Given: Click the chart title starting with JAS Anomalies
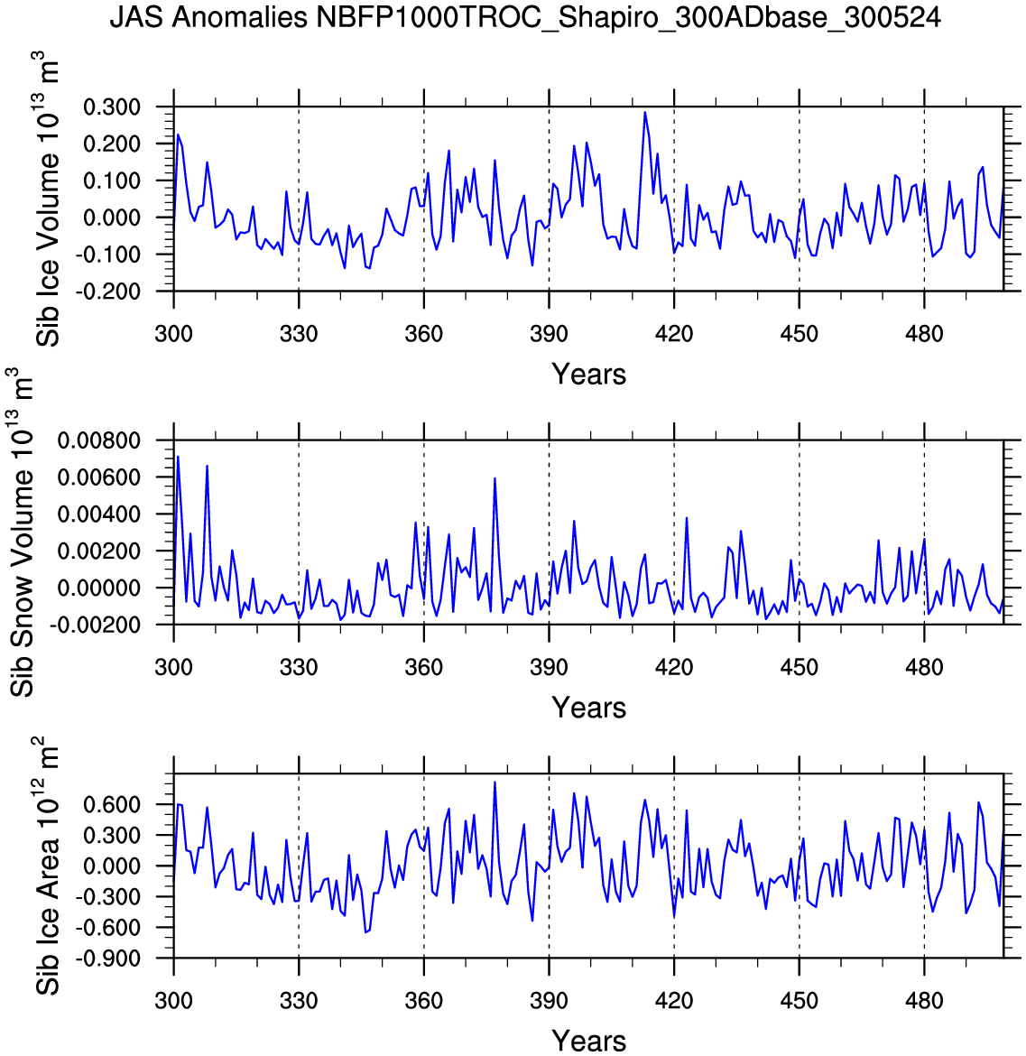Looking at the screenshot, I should (x=524, y=17).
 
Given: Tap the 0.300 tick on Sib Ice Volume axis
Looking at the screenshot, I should (x=112, y=107).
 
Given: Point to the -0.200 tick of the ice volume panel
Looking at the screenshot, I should (x=108, y=292).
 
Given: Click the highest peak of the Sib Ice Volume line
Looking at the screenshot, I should (x=644, y=113).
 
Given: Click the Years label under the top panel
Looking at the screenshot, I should (x=588, y=374).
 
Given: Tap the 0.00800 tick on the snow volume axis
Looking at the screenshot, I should (x=99, y=440).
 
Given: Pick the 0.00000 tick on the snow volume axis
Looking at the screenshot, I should (x=99, y=588).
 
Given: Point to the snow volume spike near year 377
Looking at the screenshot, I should (x=495, y=478).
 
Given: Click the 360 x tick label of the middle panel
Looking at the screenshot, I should (x=423, y=668).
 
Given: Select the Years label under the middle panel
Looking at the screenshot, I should (x=588, y=708).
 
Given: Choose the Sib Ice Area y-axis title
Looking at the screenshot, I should (x=50, y=866).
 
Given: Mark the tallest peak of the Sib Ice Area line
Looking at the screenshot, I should (x=495, y=783).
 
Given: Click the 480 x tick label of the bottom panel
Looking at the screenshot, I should (x=924, y=1001).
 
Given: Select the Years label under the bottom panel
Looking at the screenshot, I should (x=588, y=1041).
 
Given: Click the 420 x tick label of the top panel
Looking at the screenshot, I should (x=674, y=334).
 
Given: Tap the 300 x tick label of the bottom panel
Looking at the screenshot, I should (x=173, y=1001).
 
